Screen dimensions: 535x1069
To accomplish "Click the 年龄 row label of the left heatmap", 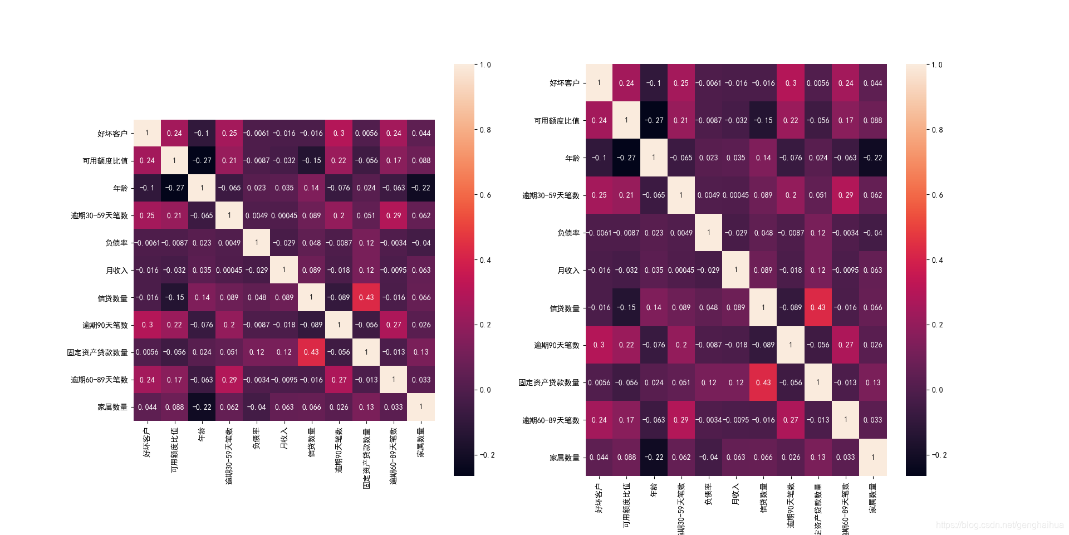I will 120,188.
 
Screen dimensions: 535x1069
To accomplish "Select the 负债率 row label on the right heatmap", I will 568,233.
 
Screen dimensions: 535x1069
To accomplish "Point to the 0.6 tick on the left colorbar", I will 486,195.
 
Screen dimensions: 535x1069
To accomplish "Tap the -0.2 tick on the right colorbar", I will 939,455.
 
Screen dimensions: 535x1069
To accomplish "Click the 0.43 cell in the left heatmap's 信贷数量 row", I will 366,297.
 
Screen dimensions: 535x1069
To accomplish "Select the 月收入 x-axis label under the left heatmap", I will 284,438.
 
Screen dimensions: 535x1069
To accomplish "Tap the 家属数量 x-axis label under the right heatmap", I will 873,497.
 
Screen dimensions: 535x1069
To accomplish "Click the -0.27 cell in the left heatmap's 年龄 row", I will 174,188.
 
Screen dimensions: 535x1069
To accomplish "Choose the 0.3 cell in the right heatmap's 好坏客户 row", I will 791,83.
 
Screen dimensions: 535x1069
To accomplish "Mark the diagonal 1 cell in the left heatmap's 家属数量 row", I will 421,407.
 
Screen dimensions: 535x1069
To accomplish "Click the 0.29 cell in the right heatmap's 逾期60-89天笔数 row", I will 681,420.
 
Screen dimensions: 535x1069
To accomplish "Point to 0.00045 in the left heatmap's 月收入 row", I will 229,270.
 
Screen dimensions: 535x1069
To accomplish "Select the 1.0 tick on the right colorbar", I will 938,65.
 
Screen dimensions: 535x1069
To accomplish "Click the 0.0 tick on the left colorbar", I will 486,390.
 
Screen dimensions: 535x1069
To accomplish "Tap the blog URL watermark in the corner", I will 999,525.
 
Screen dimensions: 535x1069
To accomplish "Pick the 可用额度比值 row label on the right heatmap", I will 557,120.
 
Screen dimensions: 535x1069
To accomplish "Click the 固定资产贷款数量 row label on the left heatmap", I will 97,352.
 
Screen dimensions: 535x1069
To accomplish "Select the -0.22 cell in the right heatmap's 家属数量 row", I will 654,457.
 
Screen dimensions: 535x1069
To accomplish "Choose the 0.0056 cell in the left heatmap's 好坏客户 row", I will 366,134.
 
